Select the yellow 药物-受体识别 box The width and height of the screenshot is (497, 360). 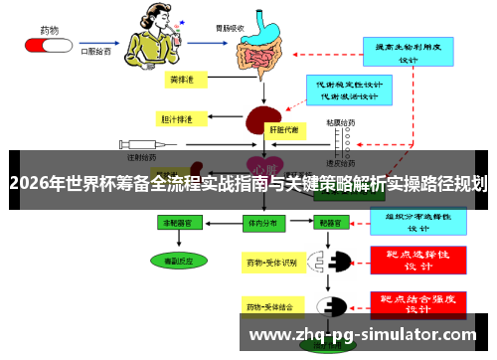click(272, 263)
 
